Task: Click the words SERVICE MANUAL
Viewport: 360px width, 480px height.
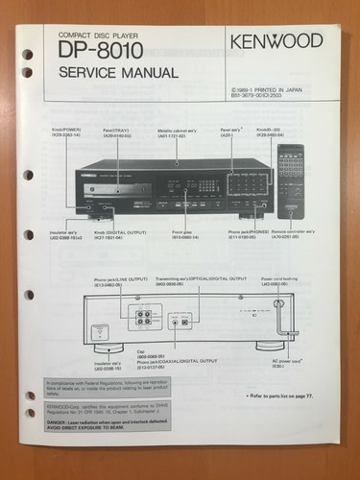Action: (117, 73)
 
